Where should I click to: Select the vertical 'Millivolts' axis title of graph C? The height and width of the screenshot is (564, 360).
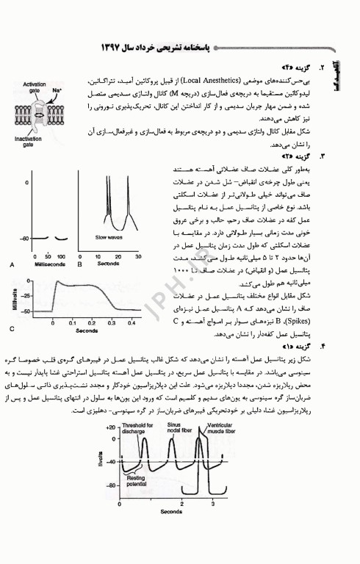coord(13,297)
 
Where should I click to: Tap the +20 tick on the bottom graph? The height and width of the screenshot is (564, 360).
coord(110,426)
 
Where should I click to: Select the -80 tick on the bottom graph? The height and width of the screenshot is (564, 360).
coord(110,486)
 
